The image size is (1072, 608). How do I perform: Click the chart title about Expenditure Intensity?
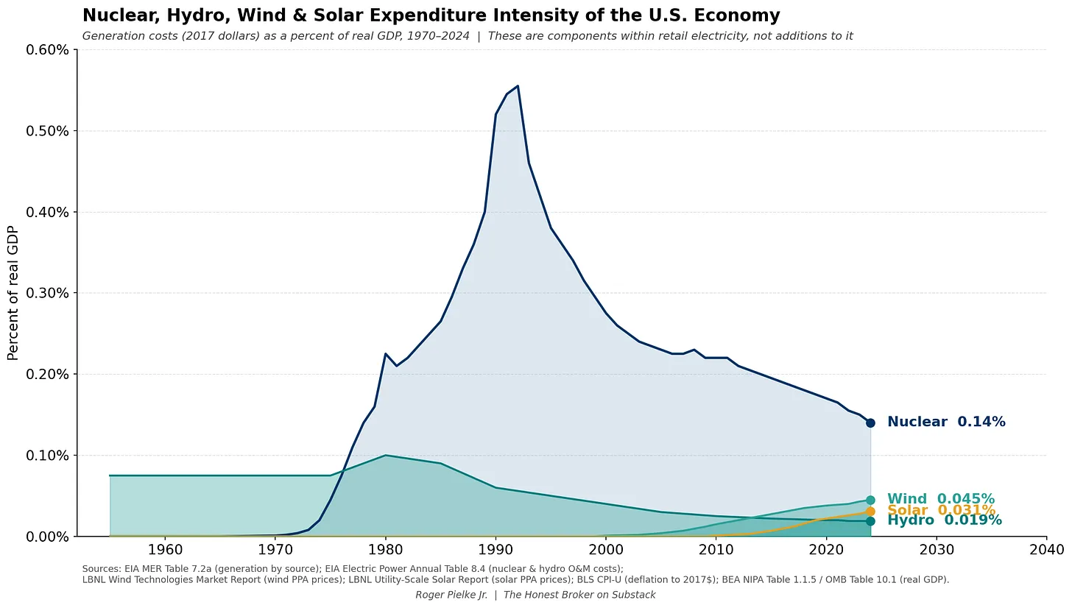point(431,15)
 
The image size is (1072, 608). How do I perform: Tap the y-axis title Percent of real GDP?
point(13,293)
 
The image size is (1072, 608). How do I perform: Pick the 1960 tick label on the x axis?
point(165,549)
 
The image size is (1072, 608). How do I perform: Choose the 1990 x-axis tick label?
point(496,549)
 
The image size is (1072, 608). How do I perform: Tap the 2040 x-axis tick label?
point(1046,549)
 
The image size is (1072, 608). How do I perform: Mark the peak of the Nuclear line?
point(518,86)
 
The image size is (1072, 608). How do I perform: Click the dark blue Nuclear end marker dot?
point(870,423)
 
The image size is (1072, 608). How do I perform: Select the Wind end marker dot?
point(870,500)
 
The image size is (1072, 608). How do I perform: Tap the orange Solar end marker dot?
point(870,511)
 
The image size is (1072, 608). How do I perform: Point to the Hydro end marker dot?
point(870,521)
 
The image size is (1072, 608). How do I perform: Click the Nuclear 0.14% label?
point(946,422)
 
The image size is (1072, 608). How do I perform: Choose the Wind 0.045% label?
point(941,499)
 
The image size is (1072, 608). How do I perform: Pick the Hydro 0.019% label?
point(945,520)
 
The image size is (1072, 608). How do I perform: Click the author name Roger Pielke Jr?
point(451,595)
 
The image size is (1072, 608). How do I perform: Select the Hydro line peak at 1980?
point(386,455)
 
